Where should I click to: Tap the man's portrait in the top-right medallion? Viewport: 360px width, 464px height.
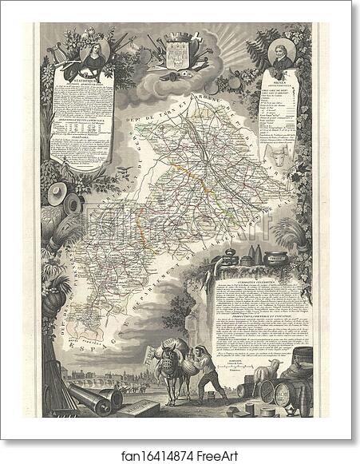point(283,54)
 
